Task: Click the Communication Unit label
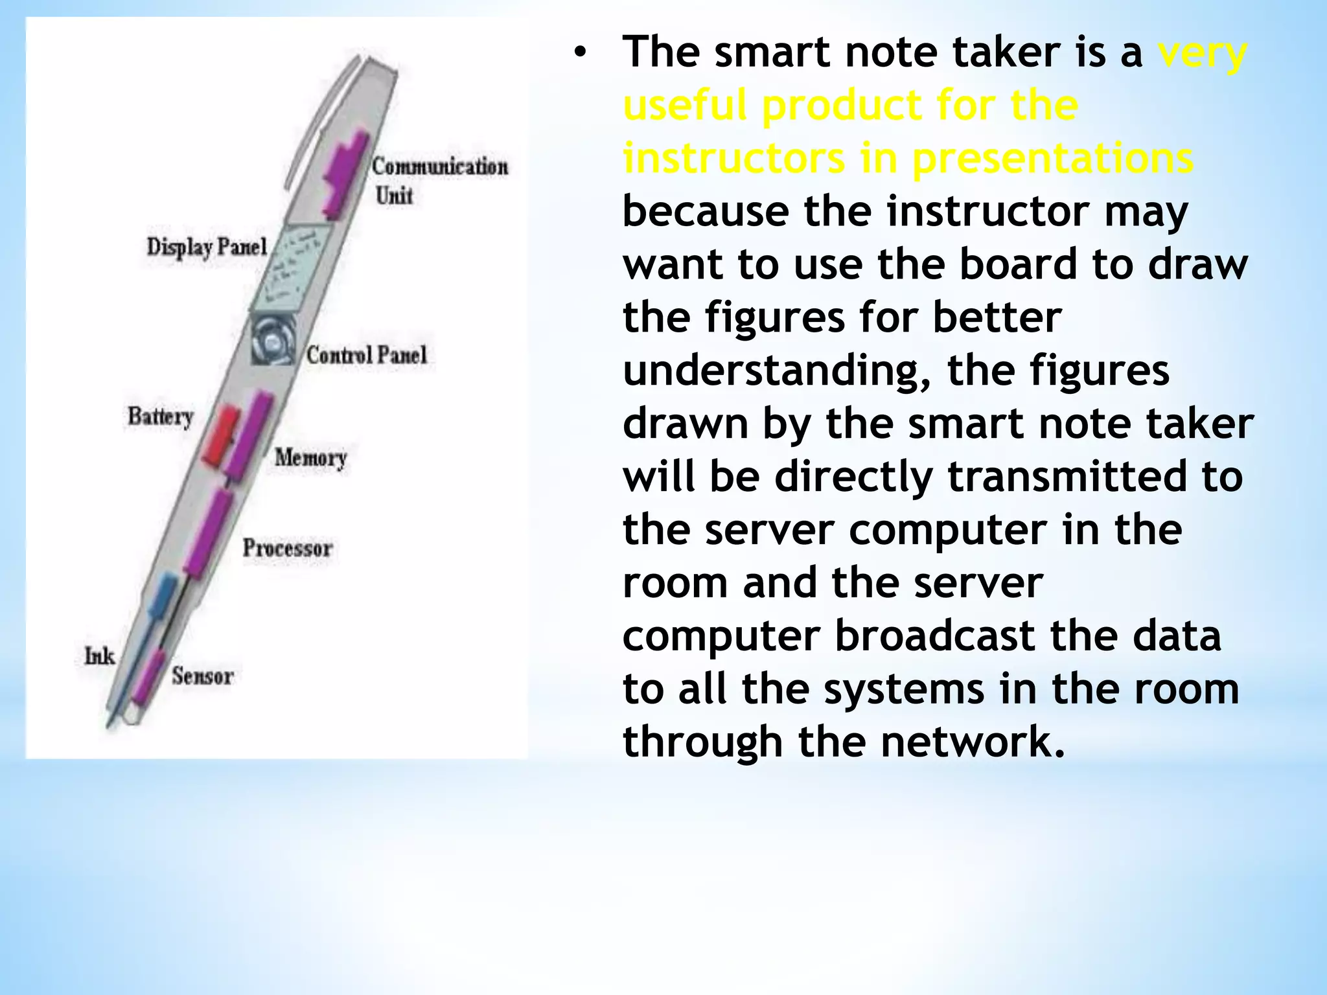coord(439,180)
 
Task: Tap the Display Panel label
coord(206,247)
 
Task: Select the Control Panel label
coord(367,355)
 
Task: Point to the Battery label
coord(160,416)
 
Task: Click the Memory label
coord(310,457)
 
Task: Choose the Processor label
coord(287,548)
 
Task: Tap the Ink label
coord(99,656)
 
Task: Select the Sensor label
coord(202,676)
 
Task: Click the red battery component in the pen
coord(221,435)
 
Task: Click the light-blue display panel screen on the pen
coord(292,268)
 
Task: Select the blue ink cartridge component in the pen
coord(162,593)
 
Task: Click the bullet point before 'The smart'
coord(579,53)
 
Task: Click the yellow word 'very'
coord(1202,53)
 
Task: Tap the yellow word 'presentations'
coord(1052,159)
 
